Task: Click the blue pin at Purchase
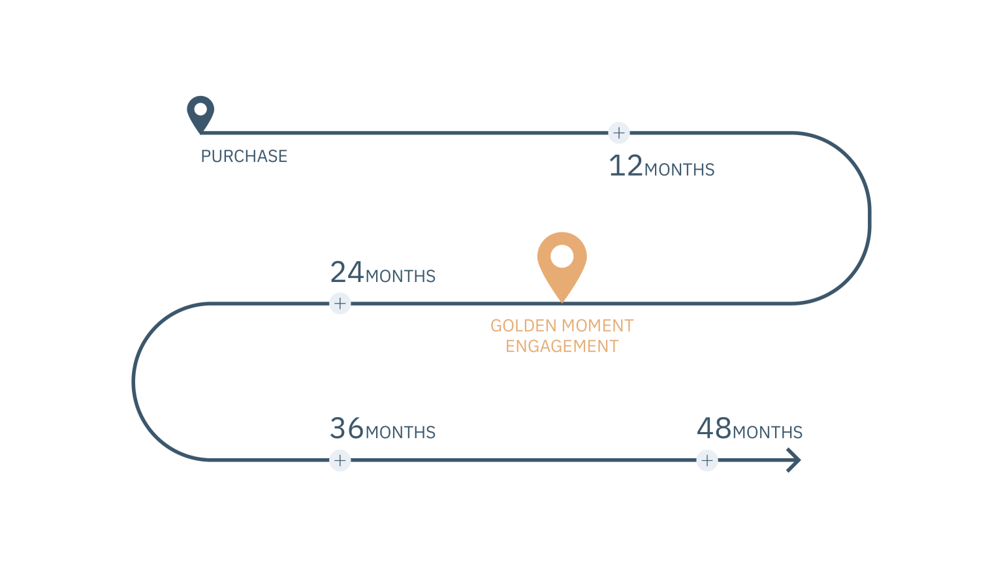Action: (x=200, y=112)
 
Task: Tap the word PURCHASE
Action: (x=244, y=157)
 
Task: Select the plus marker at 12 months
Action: (x=618, y=133)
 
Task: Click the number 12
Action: (x=626, y=166)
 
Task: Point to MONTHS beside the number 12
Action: (x=679, y=170)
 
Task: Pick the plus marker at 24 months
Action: (x=340, y=304)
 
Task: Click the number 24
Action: (x=347, y=273)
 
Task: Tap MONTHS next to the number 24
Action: (x=400, y=277)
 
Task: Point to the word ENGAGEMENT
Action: (x=562, y=347)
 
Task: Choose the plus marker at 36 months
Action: (x=340, y=460)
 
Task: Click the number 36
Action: (x=347, y=429)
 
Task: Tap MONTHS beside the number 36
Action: (x=400, y=433)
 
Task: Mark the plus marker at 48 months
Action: (x=707, y=460)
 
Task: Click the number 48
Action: (x=714, y=429)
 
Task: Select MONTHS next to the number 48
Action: (x=767, y=433)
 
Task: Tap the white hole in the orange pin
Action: (x=562, y=256)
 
